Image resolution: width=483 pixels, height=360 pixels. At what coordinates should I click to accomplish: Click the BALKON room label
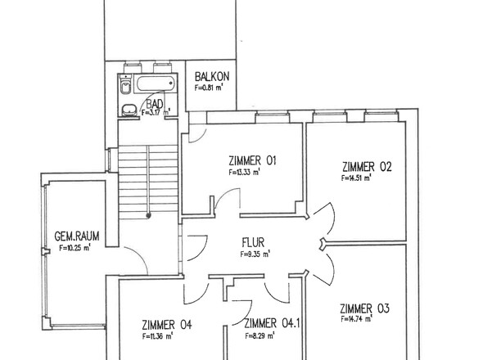[212, 76]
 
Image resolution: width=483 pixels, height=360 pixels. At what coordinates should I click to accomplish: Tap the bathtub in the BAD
[156, 83]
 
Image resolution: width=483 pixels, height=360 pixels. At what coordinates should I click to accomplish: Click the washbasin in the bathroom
[129, 110]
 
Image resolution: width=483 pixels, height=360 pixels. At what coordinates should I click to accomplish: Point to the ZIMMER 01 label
[252, 160]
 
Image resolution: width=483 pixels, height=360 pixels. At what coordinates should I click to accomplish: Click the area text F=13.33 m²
[244, 172]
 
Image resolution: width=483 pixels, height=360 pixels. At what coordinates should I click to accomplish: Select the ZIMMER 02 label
[367, 167]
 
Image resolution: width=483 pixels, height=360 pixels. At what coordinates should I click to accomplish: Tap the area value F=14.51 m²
[356, 178]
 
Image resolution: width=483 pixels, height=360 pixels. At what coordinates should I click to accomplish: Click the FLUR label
[253, 242]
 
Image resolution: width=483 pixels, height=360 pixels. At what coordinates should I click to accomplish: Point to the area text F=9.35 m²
[255, 254]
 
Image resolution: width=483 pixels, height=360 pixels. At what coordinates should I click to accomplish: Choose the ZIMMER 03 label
[365, 308]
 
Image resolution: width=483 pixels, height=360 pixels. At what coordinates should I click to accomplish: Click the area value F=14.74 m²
[356, 319]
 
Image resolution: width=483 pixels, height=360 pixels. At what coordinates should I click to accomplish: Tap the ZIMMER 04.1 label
[272, 323]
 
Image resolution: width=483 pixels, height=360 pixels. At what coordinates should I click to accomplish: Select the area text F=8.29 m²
[260, 335]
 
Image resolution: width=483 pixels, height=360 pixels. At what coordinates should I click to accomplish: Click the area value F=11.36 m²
[157, 336]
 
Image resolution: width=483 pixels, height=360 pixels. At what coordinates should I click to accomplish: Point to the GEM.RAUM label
[77, 236]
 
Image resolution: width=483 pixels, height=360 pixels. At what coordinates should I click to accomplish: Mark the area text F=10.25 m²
[74, 248]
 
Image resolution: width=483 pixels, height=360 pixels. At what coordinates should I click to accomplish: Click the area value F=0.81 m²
[209, 88]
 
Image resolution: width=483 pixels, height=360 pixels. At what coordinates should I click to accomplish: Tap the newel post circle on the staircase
[148, 216]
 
